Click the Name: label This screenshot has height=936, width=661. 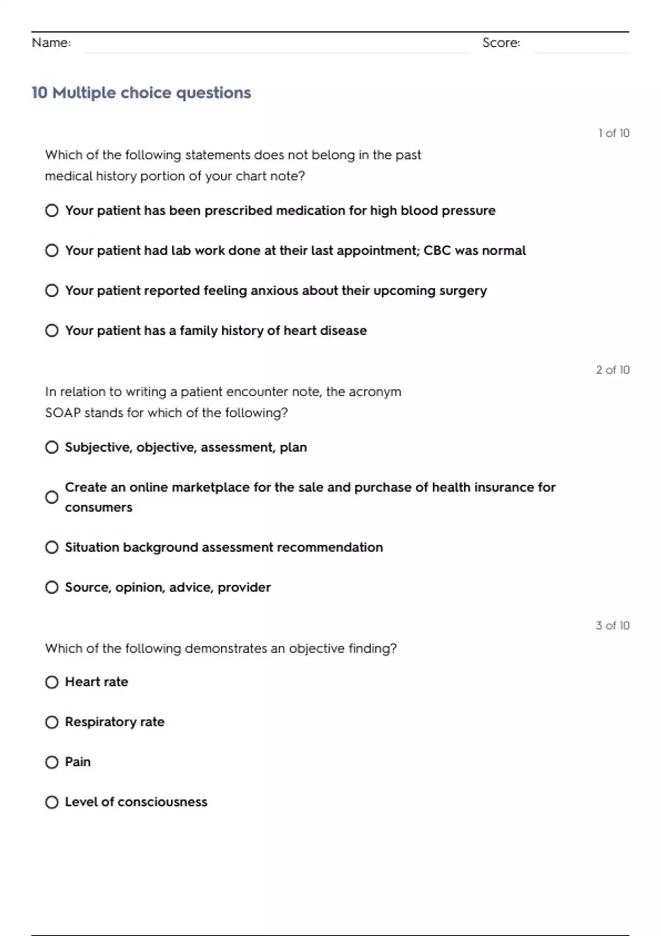point(51,42)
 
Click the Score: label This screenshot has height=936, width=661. point(501,42)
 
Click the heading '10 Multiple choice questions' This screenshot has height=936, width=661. point(141,92)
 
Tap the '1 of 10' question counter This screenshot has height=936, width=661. point(614,133)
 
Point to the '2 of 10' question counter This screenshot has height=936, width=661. point(613,369)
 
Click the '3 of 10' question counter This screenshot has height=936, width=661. point(613,625)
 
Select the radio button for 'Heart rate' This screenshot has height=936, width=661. point(52,682)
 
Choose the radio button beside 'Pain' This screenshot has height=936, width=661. point(52,762)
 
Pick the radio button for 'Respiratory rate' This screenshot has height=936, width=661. point(52,722)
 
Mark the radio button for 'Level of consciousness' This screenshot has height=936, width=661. point(52,802)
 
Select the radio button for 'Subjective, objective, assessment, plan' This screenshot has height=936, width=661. point(52,447)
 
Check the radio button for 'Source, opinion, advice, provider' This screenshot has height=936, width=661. point(52,587)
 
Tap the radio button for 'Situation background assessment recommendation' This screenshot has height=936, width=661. point(52,547)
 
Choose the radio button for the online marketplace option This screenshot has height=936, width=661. point(52,497)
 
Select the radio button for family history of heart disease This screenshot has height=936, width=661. point(52,330)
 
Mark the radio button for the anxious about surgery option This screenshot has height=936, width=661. point(52,290)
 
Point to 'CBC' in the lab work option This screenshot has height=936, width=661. point(437,251)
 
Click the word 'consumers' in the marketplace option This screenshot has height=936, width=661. point(99,507)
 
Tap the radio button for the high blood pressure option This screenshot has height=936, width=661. point(52,210)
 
